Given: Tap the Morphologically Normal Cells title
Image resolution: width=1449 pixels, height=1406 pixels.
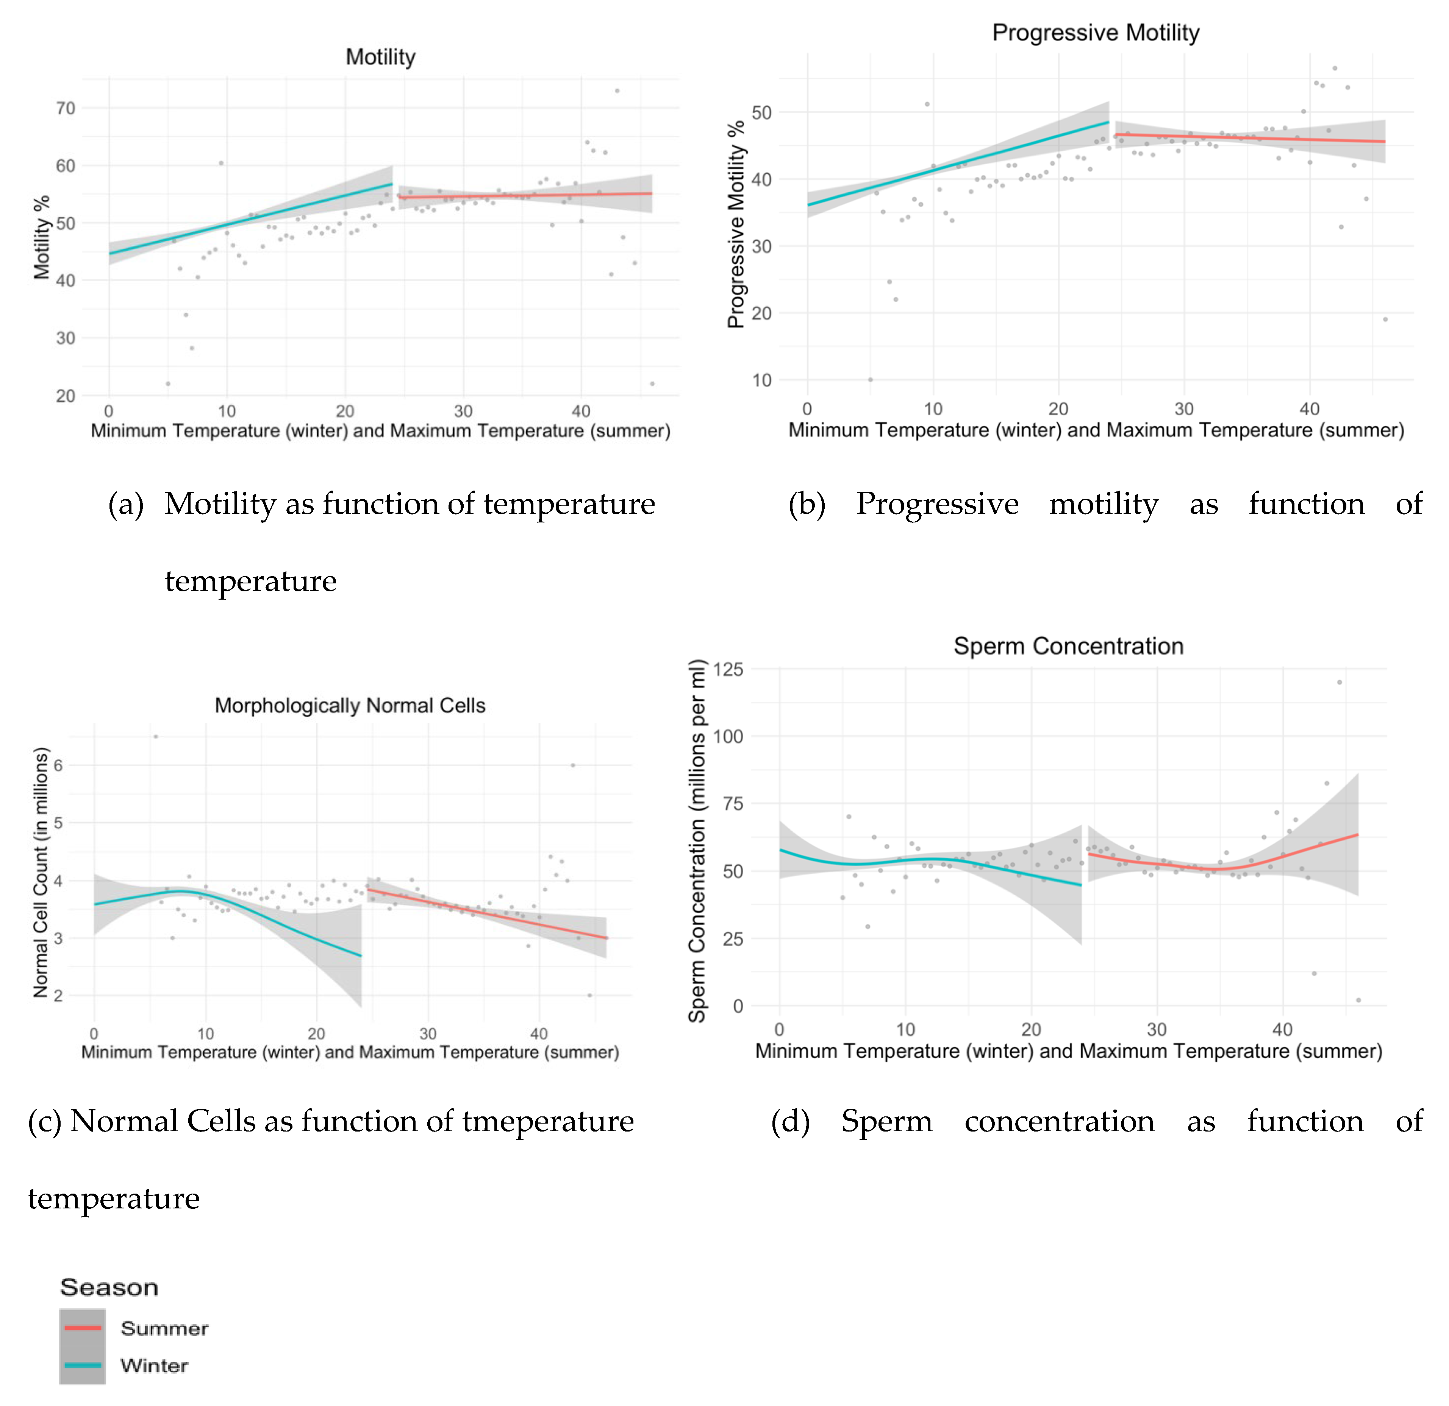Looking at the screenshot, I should point(350,705).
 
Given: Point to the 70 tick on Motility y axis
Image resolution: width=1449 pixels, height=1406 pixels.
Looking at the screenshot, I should point(66,109).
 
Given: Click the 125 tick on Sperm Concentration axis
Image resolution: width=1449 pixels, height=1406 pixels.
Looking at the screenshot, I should point(728,669).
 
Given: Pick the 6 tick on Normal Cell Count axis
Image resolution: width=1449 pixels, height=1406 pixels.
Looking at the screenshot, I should point(58,765).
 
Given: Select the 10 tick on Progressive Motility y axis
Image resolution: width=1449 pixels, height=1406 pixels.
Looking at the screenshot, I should point(761,380).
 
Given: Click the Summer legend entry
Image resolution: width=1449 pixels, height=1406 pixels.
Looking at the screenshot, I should point(164,1328).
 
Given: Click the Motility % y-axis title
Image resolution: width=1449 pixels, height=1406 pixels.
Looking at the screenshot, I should point(41,237).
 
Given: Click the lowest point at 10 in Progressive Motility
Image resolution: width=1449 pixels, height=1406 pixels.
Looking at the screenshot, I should point(870,380).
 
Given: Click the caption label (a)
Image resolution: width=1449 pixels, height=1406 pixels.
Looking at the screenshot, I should point(126,504).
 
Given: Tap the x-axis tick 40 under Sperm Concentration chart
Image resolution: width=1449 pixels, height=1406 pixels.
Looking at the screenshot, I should point(1282,1029).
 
